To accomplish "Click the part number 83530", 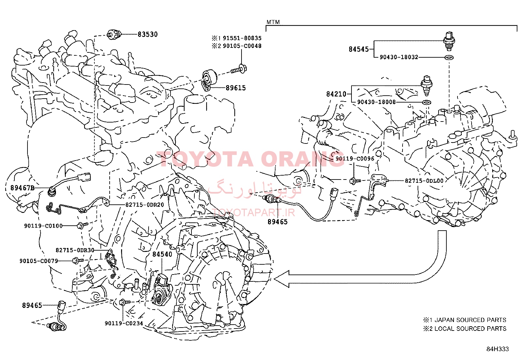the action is pos(148,34).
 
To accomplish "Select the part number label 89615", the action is pos(236,88).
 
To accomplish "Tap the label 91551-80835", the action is pos(242,38).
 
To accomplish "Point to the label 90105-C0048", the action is pos(242,46).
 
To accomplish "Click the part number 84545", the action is pos(359,49).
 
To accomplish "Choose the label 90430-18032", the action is pos(399,57).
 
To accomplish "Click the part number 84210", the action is pos(336,94).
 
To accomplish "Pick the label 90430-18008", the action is pos(376,102).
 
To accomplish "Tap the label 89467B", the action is pos(22,188).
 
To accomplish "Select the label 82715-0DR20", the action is pos(145,205).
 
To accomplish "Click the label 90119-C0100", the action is pos(43,226).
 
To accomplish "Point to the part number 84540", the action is pos(162,254).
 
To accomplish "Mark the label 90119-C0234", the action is pos(124,323).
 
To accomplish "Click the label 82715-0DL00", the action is pos(424,181).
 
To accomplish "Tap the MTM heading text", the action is pos(273,22).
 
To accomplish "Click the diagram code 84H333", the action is pos(497,349).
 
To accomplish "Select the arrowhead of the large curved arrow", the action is pos(282,279).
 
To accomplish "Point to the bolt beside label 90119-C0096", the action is pos(355,181).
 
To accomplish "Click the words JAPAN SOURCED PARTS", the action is pos(470,320).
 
